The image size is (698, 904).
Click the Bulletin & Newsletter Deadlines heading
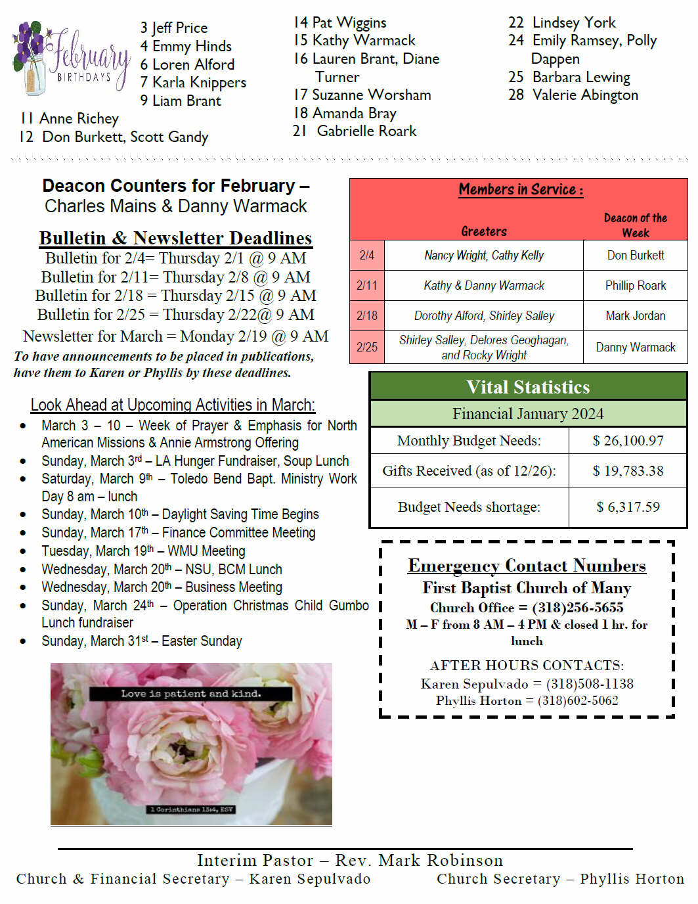click(175, 238)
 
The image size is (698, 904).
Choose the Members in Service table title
click(520, 190)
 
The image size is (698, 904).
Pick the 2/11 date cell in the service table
click(367, 286)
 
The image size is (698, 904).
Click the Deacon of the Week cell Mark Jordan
click(635, 316)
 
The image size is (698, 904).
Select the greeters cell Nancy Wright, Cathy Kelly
click(484, 256)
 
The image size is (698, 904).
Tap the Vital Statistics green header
click(528, 387)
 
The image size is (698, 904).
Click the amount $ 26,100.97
click(628, 441)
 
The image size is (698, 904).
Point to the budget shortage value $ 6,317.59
click(628, 507)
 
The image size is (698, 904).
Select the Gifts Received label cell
click(469, 471)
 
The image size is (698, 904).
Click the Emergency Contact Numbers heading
click(527, 566)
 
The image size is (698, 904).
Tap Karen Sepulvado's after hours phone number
click(590, 684)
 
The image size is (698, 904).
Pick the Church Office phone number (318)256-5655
click(577, 608)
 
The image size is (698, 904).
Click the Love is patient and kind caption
click(190, 694)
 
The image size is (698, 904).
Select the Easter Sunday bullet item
click(142, 641)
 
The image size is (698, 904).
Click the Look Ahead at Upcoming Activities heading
click(173, 405)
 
